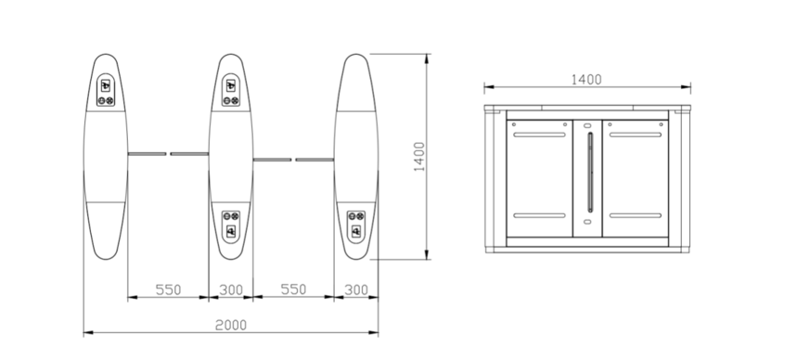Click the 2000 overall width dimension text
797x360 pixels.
tap(231, 325)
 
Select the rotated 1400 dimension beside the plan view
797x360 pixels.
tap(419, 156)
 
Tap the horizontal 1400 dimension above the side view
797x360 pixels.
tap(586, 79)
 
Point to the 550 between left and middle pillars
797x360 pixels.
tap(168, 289)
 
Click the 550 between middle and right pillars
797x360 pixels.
tap(293, 289)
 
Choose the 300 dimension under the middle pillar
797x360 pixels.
tap(231, 289)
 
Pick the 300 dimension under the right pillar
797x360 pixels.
tap(355, 289)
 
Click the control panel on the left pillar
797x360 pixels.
tap(106, 91)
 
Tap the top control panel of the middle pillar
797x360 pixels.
tap(231, 91)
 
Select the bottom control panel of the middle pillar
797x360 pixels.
tap(231, 226)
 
